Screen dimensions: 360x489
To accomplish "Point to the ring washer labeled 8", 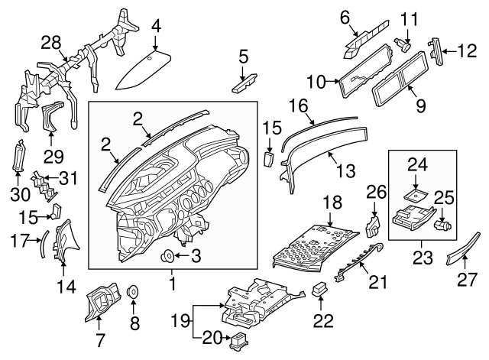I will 132,291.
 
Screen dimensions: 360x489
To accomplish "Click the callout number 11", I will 410,17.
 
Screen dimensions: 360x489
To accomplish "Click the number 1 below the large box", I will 172,284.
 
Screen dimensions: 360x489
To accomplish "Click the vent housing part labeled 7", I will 99,303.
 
